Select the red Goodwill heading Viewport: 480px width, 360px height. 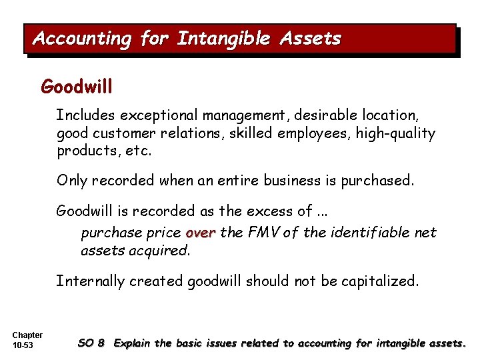pyautogui.click(x=77, y=87)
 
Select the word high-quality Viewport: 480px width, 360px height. pyautogui.click(x=396, y=133)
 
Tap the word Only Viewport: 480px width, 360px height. pyautogui.click(x=72, y=180)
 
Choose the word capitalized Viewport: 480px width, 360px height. pyautogui.click(x=381, y=281)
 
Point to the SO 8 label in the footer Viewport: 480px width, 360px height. pyautogui.click(x=91, y=343)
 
